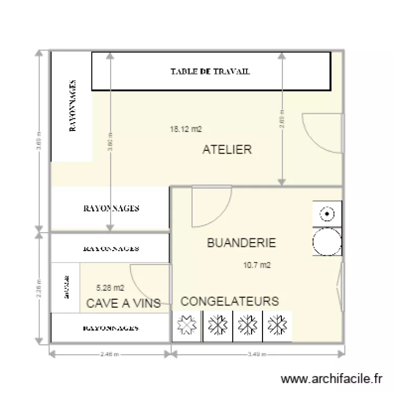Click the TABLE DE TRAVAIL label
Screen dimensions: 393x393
pyautogui.click(x=210, y=71)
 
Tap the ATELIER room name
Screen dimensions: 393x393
pyautogui.click(x=227, y=150)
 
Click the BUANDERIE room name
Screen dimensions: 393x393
pyautogui.click(x=241, y=243)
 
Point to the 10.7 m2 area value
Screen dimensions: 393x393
pyautogui.click(x=257, y=265)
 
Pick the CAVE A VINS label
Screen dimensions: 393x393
pyautogui.click(x=123, y=303)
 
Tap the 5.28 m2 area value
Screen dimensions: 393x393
pyautogui.click(x=111, y=287)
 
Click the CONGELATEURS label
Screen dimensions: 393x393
pyautogui.click(x=230, y=301)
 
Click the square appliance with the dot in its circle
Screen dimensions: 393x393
pyautogui.click(x=327, y=214)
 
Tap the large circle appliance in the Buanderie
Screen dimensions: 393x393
pyautogui.click(x=326, y=242)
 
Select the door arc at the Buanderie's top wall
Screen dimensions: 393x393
pyautogui.click(x=210, y=207)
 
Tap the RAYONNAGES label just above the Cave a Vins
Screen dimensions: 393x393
pyautogui.click(x=111, y=248)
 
